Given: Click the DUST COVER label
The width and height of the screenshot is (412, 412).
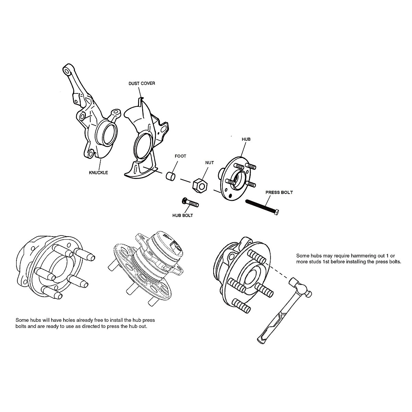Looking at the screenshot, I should (141, 83).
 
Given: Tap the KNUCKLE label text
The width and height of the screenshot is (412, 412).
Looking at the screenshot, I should (98, 172).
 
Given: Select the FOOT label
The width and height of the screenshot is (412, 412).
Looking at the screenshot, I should (180, 156).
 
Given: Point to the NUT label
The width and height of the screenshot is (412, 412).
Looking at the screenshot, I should (209, 162).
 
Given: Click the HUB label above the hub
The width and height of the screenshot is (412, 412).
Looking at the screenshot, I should (246, 139).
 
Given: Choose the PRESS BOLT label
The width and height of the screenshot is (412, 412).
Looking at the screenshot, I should (279, 192).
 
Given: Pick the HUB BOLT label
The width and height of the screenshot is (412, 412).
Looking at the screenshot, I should (182, 216).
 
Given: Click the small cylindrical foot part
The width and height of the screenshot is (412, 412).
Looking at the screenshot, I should (171, 175).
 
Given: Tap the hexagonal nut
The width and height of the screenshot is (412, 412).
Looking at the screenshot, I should (199, 185).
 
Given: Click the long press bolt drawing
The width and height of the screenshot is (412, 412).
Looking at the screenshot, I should (263, 207).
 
